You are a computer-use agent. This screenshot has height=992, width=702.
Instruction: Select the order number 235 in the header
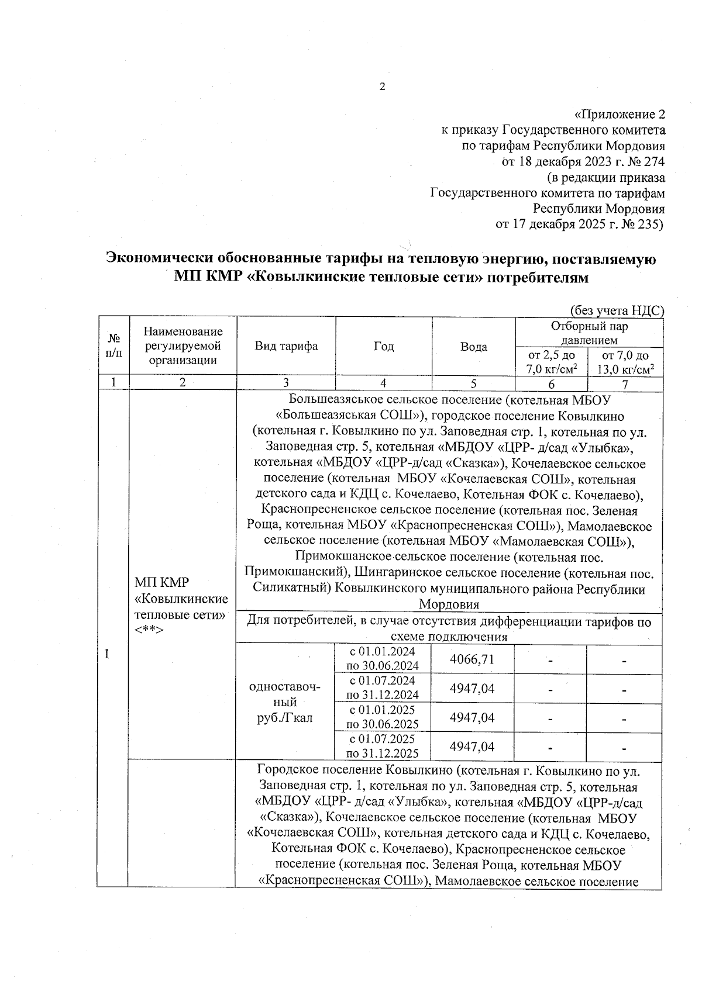tap(650, 224)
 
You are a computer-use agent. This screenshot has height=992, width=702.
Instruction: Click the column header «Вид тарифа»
tap(286, 346)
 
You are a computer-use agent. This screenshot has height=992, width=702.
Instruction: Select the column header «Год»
tap(384, 347)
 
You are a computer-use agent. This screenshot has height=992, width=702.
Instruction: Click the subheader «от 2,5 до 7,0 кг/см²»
tap(551, 362)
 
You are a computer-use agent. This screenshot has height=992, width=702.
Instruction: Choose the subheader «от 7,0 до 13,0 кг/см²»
tap(625, 362)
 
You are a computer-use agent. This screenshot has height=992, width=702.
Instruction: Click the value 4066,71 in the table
tap(472, 659)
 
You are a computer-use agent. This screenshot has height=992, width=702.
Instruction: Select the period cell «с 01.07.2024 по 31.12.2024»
tap(383, 688)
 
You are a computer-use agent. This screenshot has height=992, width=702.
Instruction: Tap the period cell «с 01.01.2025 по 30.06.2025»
tap(383, 717)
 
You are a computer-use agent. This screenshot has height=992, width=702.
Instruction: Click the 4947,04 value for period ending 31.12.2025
tap(472, 746)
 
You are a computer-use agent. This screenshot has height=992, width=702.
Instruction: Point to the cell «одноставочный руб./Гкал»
tap(285, 702)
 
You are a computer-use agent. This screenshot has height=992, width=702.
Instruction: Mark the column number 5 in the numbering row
tap(473, 383)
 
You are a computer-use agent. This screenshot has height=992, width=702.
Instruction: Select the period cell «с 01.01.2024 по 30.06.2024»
tap(383, 659)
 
